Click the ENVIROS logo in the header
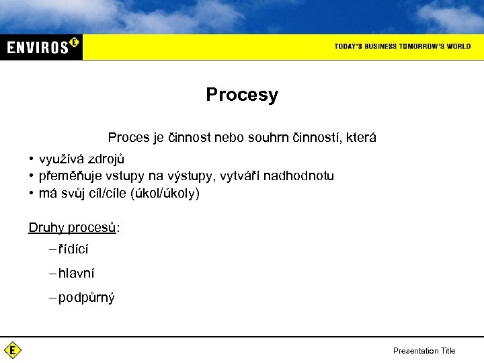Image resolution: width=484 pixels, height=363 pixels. click(42, 46)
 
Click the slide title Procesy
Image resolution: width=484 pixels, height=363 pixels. click(242, 95)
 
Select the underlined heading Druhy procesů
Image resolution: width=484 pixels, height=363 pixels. click(73, 227)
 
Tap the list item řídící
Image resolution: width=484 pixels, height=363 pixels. click(73, 249)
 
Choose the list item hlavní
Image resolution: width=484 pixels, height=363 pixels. click(76, 274)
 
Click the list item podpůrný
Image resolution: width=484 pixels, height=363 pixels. click(86, 298)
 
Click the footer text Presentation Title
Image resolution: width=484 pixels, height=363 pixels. click(424, 351)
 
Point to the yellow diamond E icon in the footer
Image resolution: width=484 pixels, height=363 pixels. click(13, 350)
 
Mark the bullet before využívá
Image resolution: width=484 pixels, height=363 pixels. click(31, 159)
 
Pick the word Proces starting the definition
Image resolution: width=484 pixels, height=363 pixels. click(128, 138)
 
